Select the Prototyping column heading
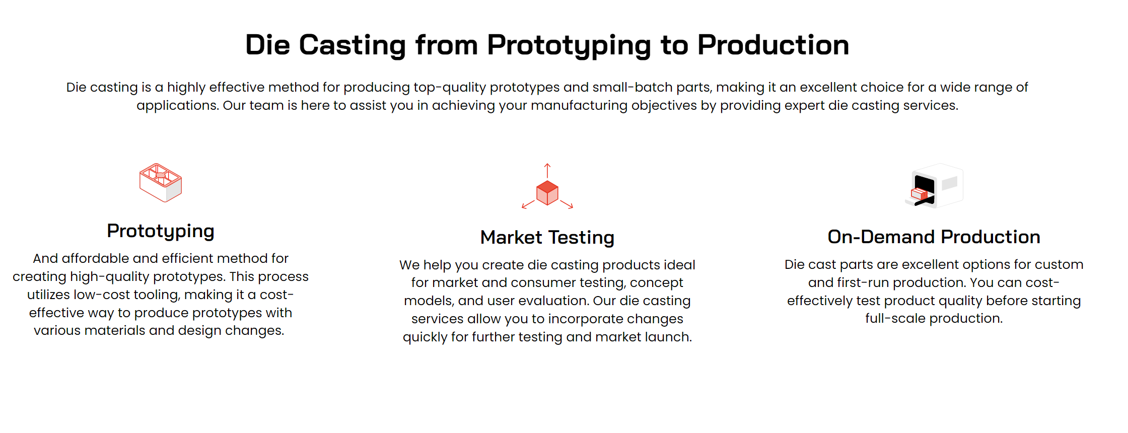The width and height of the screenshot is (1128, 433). (x=161, y=231)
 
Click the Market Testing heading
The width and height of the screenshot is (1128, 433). (x=547, y=237)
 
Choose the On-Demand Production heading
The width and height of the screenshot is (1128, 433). (x=934, y=237)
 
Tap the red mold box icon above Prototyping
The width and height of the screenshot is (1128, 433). (x=161, y=182)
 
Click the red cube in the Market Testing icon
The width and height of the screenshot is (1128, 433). (x=547, y=193)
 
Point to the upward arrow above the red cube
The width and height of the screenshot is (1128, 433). (x=547, y=171)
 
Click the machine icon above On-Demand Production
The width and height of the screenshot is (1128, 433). (x=934, y=185)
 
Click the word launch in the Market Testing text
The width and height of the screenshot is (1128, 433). (x=668, y=337)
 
